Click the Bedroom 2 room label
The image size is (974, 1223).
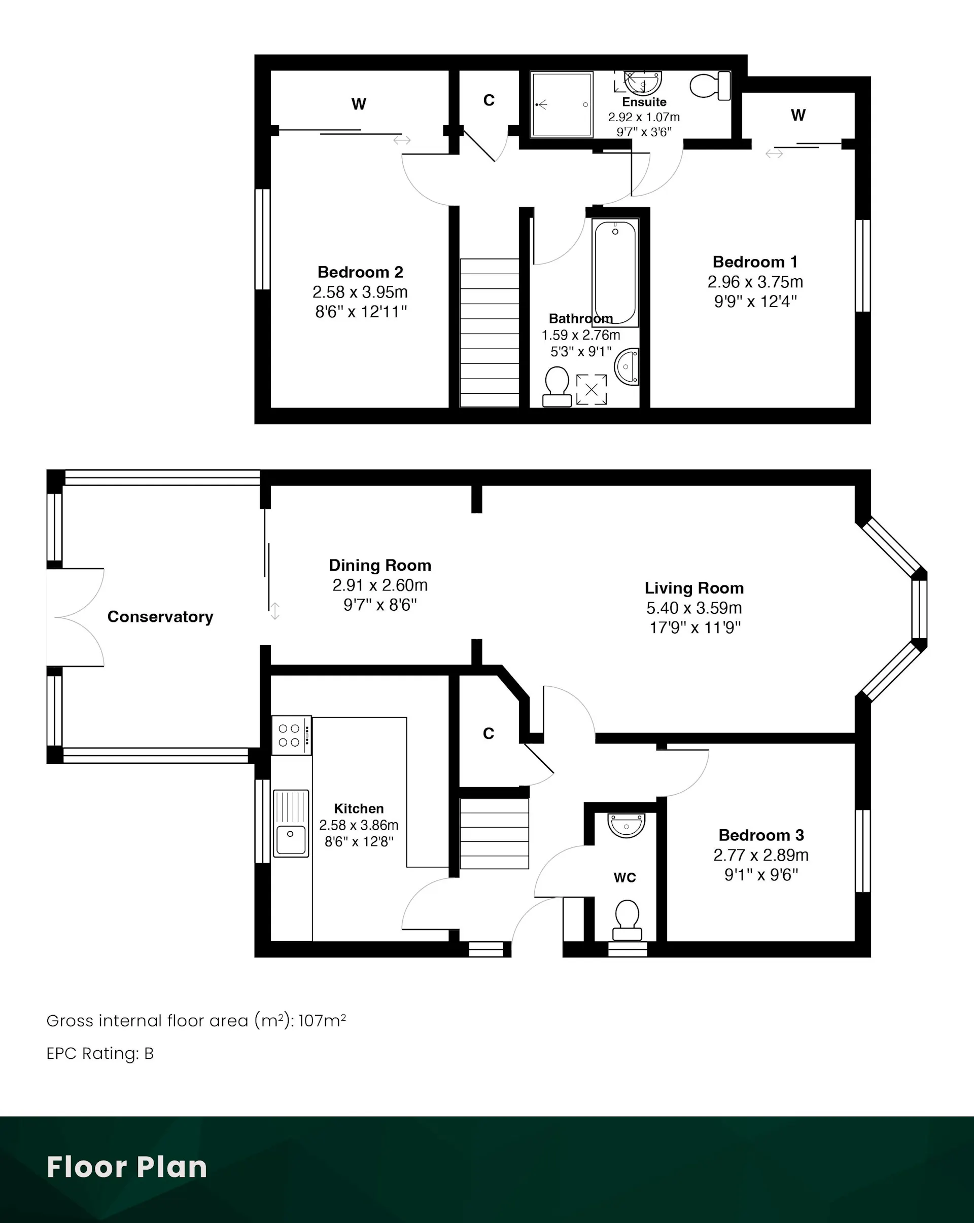coord(360,272)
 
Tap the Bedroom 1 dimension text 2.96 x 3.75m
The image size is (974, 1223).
coord(755,282)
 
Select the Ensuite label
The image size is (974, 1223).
coord(644,102)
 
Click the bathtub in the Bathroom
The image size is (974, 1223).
coord(615,273)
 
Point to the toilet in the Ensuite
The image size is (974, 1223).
coord(710,86)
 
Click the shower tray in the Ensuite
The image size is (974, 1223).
coord(562,104)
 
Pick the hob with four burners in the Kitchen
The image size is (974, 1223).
coord(291,735)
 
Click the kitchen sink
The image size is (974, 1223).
coord(291,823)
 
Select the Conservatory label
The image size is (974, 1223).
coord(160,617)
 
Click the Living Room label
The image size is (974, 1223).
coord(694,588)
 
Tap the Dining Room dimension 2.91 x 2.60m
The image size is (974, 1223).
coord(380,585)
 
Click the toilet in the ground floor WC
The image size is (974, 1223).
coord(627,920)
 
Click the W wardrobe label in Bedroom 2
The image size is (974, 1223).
coord(359,104)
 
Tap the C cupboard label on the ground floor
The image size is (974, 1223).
coord(488,733)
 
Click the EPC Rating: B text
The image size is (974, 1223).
coord(100,1053)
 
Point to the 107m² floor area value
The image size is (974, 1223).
coord(322,1020)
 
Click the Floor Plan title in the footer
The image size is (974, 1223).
coord(127,1167)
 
